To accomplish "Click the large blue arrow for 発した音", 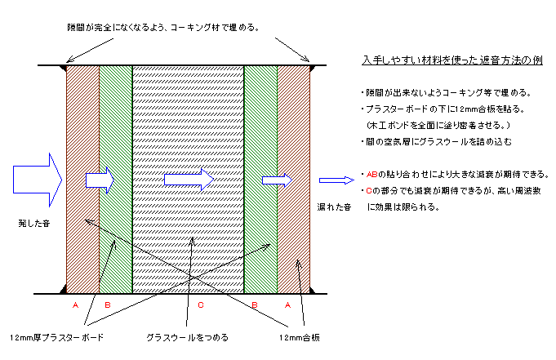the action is point(38,180).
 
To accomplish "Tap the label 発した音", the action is point(34,224).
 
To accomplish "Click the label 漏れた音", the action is point(334,207).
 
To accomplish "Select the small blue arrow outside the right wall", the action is point(336,180).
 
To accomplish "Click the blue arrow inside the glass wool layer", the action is point(189,180).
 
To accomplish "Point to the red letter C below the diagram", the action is point(201,305).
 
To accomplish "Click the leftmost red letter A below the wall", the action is point(75,305).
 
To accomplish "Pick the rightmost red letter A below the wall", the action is point(287,305).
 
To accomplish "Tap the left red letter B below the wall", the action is point(108,305).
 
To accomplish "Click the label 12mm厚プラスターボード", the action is point(56,338).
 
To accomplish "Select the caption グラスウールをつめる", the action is point(187,338).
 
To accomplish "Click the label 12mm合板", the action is point(300,338).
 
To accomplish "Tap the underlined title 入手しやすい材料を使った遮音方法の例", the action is point(452,60).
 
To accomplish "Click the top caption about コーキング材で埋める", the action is point(163,28).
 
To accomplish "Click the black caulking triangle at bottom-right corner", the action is point(313,290).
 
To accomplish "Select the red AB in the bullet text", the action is point(371,175).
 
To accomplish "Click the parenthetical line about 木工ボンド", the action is point(438,126).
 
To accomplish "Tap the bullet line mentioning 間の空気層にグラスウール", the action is point(437,142).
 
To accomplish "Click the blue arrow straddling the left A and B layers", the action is point(100,180).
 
